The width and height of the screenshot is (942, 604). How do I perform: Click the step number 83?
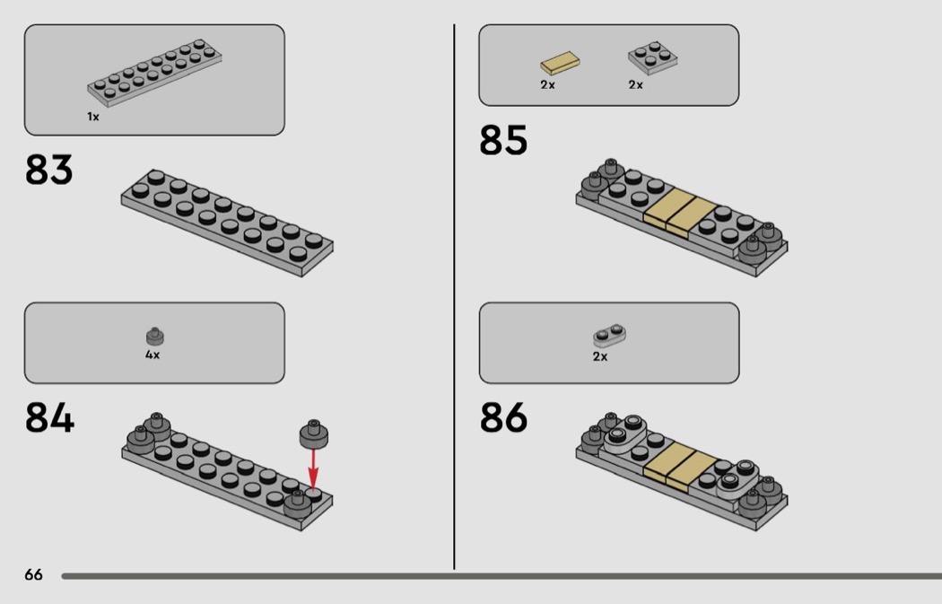point(48,170)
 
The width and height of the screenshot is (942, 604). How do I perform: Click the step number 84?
point(50,417)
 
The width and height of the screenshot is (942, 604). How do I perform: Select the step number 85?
point(503,141)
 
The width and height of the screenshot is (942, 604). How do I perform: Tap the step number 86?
point(503,417)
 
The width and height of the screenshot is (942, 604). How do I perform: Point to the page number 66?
point(34,574)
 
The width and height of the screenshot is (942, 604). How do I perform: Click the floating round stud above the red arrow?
point(314,434)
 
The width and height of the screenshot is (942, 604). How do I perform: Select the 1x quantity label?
point(93,117)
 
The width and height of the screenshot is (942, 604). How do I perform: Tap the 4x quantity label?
point(153,355)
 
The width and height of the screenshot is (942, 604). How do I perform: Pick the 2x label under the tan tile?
point(547,84)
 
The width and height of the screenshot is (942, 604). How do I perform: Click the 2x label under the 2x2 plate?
point(635,84)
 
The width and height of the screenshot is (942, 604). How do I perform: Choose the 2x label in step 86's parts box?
point(600,356)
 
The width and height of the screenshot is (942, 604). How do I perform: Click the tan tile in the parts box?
point(560,63)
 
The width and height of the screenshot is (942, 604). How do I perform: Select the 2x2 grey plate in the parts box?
point(652,57)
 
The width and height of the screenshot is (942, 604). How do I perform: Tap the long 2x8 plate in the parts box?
point(154,73)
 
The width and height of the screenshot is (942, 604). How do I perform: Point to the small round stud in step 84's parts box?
point(155,337)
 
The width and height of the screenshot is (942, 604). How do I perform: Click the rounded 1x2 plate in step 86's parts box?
point(609,336)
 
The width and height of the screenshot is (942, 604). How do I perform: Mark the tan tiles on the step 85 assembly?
point(680,214)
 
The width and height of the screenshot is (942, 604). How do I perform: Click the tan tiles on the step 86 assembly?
point(680,468)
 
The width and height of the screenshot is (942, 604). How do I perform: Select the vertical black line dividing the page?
point(454,297)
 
